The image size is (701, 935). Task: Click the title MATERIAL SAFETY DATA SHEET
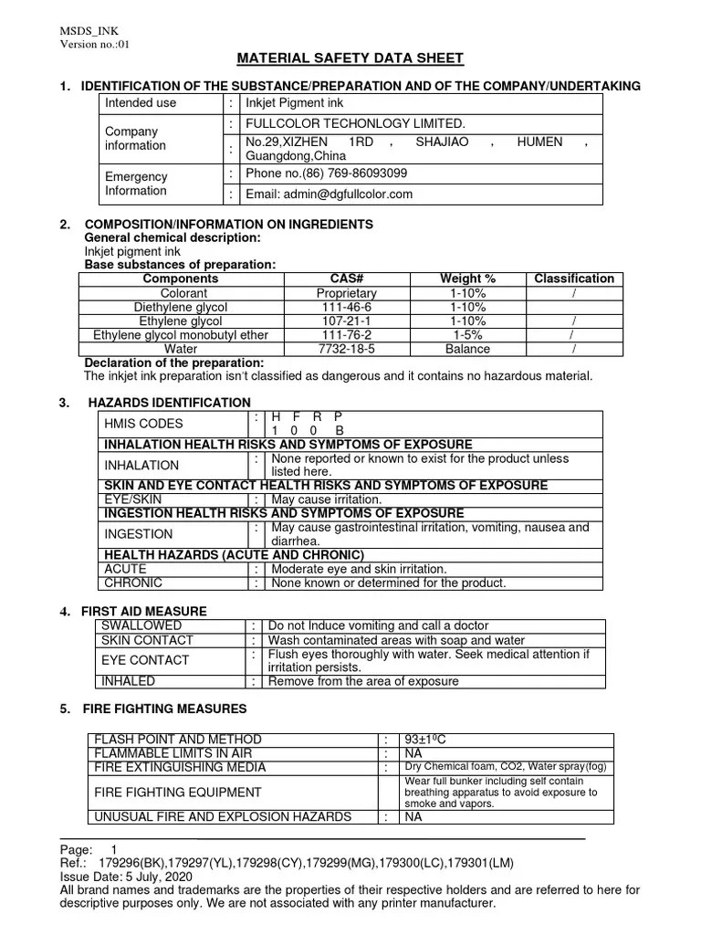[x=350, y=59]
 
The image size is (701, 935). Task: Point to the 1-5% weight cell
[x=468, y=335]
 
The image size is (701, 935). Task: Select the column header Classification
[x=573, y=278]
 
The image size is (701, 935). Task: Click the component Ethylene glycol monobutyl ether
[x=182, y=335]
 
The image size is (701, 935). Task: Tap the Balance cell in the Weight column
[x=468, y=349]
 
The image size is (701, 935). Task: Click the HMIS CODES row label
[x=144, y=424]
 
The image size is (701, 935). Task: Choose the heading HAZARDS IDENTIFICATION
[x=169, y=403]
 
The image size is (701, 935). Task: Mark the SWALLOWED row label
[x=141, y=625]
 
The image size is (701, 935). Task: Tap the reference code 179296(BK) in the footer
[x=124, y=862]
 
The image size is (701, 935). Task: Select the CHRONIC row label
[x=133, y=583]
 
